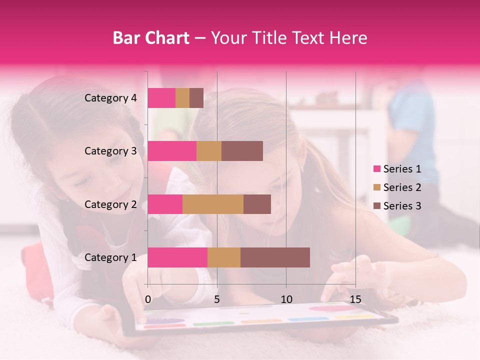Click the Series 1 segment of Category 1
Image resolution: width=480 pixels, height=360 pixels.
click(x=177, y=257)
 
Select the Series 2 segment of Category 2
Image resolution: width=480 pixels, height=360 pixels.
click(x=213, y=204)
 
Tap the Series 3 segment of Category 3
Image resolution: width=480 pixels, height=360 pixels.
click(x=242, y=151)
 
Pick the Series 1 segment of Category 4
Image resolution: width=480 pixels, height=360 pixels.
click(x=161, y=98)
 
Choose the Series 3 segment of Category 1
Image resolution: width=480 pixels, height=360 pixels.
click(x=275, y=257)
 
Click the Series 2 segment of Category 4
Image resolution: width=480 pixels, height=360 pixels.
click(x=182, y=98)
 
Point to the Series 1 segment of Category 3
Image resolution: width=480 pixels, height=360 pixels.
click(x=172, y=151)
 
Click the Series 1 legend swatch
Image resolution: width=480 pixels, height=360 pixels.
click(x=377, y=169)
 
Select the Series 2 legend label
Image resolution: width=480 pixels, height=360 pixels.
click(x=402, y=187)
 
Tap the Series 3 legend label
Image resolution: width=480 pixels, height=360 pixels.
click(x=402, y=206)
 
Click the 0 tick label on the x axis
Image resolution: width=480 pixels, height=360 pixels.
click(x=148, y=299)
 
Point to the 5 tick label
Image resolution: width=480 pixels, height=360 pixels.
click(x=217, y=299)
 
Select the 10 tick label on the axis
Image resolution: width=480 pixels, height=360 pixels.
click(x=286, y=299)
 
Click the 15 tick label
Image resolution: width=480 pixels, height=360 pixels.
click(x=355, y=299)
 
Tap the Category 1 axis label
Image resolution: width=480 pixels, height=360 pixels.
click(x=110, y=257)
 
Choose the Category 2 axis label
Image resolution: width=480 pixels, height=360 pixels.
click(x=110, y=204)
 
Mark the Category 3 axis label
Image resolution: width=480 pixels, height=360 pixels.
click(x=110, y=151)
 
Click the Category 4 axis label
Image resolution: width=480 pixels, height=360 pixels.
click(x=110, y=98)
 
